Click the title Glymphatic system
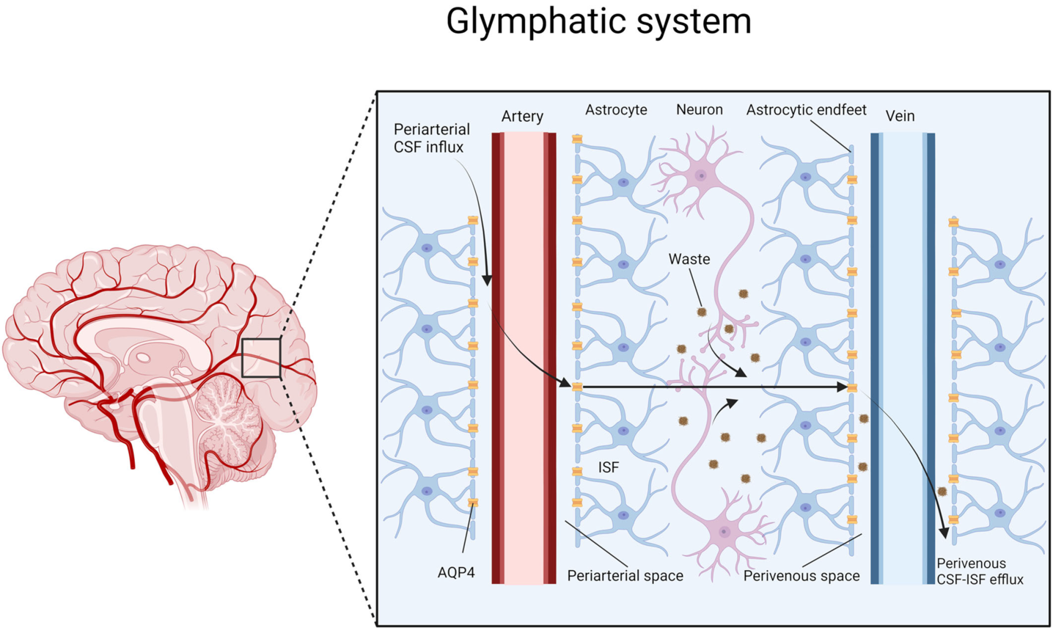pyautogui.click(x=598, y=21)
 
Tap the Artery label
pyautogui.click(x=522, y=116)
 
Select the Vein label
pyautogui.click(x=900, y=116)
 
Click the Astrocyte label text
pyautogui.click(x=616, y=110)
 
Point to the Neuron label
pyautogui.click(x=699, y=110)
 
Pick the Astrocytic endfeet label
pyautogui.click(x=806, y=110)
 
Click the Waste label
pyautogui.click(x=689, y=259)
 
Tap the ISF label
pyautogui.click(x=608, y=467)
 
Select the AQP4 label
pyautogui.click(x=456, y=572)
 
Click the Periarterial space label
pyautogui.click(x=625, y=576)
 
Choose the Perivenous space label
pyautogui.click(x=801, y=576)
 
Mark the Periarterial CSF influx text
pyautogui.click(x=431, y=138)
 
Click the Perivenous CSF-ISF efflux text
pyautogui.click(x=980, y=572)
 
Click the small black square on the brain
pyautogui.click(x=261, y=358)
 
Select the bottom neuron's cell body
pyautogui.click(x=724, y=531)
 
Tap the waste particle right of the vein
pyautogui.click(x=942, y=491)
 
